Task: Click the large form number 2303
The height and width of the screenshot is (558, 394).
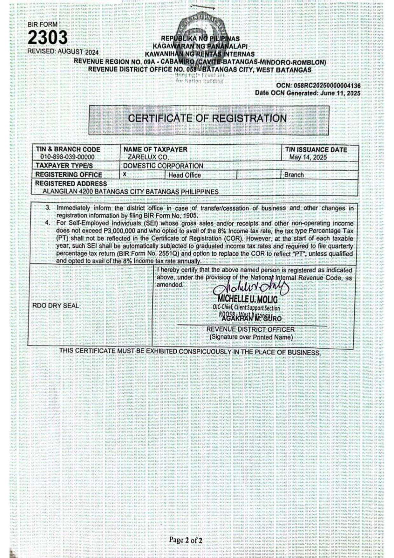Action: (48, 38)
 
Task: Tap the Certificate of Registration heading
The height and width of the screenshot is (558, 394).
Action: (207, 119)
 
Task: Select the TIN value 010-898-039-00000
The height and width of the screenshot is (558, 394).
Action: (67, 157)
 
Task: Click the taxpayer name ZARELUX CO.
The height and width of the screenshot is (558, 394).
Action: (148, 157)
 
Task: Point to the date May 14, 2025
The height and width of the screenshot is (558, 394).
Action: (308, 157)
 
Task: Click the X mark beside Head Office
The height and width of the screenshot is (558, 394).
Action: (125, 174)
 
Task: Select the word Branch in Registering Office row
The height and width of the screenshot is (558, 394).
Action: (294, 175)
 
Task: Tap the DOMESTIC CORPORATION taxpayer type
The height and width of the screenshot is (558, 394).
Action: (163, 166)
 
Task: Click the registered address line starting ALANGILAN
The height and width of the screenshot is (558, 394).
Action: (131, 192)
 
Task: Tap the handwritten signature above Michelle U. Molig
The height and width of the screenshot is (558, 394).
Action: (251, 288)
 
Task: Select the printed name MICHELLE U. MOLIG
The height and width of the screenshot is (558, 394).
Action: (248, 299)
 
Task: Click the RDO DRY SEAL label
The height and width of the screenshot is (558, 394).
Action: (55, 306)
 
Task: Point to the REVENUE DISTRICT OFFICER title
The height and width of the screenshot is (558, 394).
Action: (250, 329)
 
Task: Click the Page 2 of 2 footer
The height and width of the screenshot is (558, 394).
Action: (186, 540)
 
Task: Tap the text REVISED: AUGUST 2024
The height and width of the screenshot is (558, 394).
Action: (63, 52)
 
